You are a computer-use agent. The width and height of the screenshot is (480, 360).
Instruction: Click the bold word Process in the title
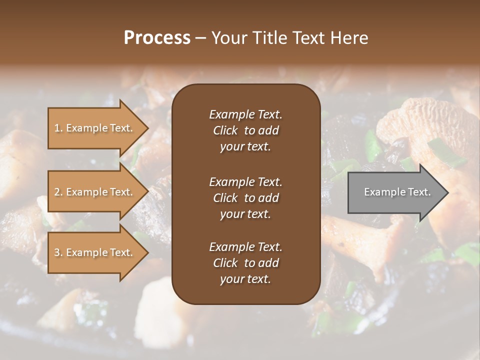[x=157, y=38]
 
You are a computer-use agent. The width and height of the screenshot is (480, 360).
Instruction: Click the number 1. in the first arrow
[x=58, y=128]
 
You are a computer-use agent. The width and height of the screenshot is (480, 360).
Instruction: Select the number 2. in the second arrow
[x=58, y=192]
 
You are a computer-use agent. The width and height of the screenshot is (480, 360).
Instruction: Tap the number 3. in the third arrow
[x=58, y=252]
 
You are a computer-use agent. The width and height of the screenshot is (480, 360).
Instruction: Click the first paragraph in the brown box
[x=245, y=130]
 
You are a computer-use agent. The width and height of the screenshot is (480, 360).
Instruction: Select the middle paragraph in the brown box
[x=245, y=197]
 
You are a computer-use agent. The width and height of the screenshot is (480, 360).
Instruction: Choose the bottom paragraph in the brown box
[x=245, y=263]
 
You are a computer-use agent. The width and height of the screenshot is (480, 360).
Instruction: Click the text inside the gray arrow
[x=397, y=192]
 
